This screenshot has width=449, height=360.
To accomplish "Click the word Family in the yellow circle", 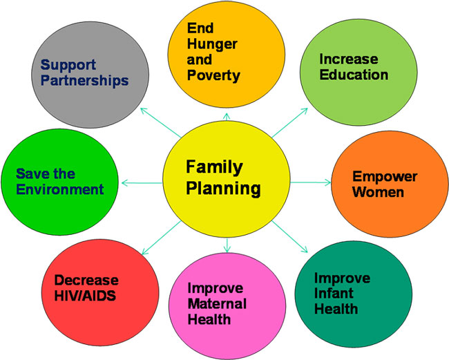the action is point(214,167).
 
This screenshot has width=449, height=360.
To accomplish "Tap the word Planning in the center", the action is point(223,189).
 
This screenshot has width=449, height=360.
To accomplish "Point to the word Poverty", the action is point(213,75).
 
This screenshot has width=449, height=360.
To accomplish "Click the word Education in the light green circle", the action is point(354,75).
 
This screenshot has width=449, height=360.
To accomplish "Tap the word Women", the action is point(378,192).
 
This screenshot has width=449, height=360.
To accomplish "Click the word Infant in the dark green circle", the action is point(334,293).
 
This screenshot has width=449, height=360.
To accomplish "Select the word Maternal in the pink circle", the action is point(217,303).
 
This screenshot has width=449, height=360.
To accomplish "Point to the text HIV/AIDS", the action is point(85,296).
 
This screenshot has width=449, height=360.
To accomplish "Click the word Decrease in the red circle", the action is point(86,280).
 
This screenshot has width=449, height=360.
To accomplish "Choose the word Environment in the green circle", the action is point(60,189).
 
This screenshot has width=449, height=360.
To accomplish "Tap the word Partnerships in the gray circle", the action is point(84,80).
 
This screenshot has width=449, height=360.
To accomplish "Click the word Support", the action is point(68,66).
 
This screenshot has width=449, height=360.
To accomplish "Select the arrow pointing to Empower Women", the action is point(310,182).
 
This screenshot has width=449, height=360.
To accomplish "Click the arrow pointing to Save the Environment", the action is point(142,182).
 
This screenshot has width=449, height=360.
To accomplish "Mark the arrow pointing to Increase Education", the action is point(290,123).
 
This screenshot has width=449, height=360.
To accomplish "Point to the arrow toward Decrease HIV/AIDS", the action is point(162,238).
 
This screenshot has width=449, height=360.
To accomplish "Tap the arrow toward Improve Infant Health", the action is point(290,237).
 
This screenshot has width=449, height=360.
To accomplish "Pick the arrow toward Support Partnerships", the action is point(161,122).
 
